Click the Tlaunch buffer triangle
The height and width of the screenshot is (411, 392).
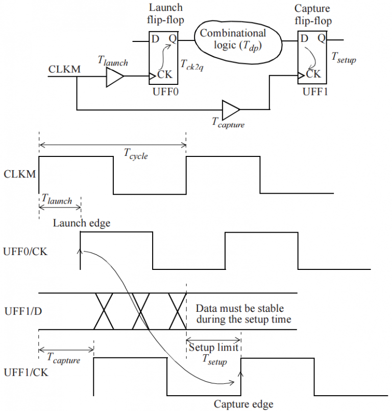114,78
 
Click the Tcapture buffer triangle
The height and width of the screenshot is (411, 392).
231,109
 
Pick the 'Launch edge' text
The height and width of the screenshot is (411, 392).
81,223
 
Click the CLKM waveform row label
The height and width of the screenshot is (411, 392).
19,174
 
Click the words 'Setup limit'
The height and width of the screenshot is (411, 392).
213,347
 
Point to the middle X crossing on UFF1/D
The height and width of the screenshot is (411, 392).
143,311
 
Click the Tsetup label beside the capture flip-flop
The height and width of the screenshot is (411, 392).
344,60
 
